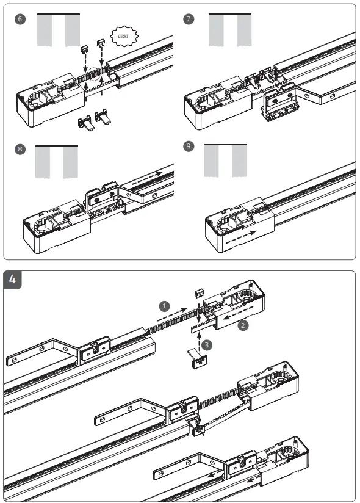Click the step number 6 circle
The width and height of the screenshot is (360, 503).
20,20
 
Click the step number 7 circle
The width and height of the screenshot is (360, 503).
189,20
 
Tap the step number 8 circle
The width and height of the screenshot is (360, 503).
20,149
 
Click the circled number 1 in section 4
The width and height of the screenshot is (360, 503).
164,303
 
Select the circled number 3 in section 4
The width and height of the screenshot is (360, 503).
207,345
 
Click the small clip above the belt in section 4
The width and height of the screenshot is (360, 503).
198,294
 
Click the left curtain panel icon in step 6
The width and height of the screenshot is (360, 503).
45,30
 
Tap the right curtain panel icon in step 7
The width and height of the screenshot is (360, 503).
244,30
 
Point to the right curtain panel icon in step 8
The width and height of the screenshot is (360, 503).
71,162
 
